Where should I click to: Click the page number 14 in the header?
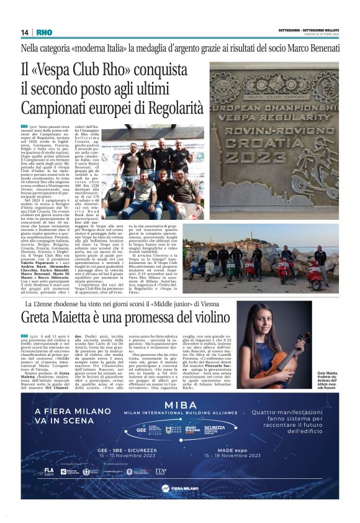pos(24,32)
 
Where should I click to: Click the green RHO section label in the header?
pos(44,32)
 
